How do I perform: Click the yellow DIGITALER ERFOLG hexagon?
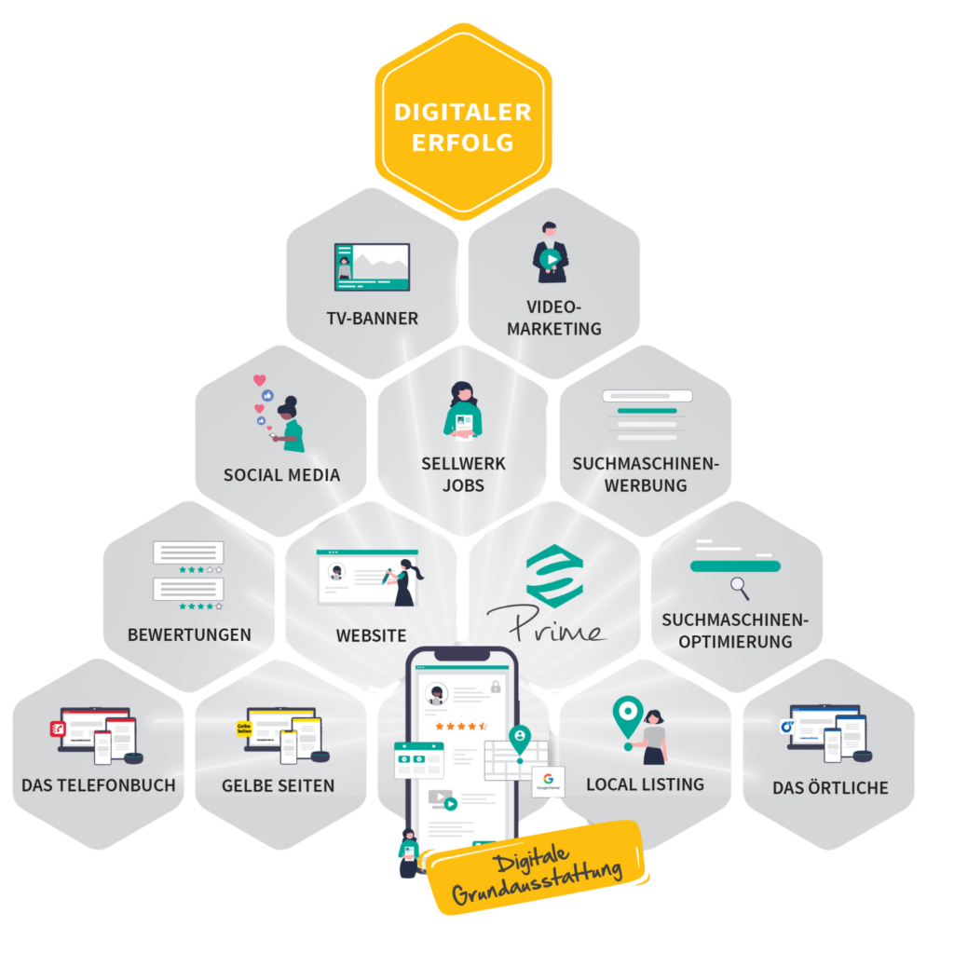[x=463, y=126]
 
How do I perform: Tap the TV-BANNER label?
[x=372, y=319]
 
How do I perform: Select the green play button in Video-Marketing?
[x=552, y=260]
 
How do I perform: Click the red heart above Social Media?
[x=260, y=380]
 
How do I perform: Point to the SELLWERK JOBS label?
[x=463, y=474]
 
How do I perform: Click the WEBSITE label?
[x=371, y=636]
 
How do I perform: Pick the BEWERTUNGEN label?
[x=189, y=635]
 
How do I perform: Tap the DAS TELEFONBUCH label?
[x=99, y=785]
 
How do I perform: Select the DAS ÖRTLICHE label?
[x=830, y=788]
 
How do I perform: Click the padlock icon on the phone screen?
[x=496, y=688]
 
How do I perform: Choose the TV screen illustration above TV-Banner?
[x=372, y=267]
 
